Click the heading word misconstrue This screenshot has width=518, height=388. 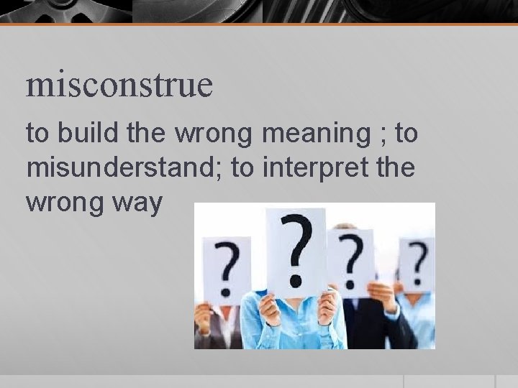[x=119, y=84]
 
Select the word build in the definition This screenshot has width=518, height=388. [x=81, y=133]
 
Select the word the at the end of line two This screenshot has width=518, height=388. [x=396, y=169]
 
